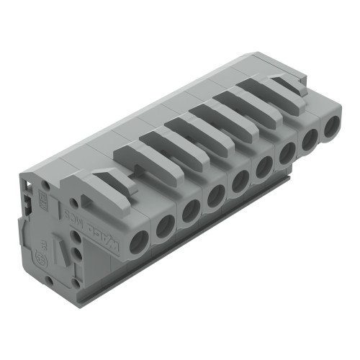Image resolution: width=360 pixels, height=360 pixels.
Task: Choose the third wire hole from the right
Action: pyautogui.click(x=287, y=152)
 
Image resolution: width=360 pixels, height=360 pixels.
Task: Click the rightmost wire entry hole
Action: pyautogui.click(x=332, y=127)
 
